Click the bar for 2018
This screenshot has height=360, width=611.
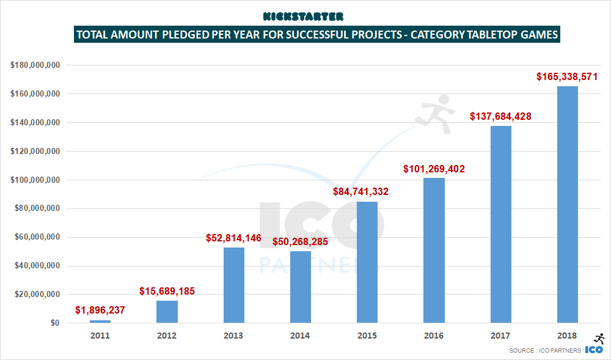click(x=567, y=205)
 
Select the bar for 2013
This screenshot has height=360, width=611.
click(x=233, y=285)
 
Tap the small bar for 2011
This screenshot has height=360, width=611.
click(x=100, y=321)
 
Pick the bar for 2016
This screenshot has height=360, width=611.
click(x=434, y=251)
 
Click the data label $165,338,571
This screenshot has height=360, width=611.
click(x=567, y=77)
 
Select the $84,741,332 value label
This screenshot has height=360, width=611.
click(x=360, y=192)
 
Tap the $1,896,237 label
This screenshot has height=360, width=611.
click(x=100, y=310)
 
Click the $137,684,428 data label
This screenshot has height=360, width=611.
click(x=500, y=116)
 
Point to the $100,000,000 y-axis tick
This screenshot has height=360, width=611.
click(x=34, y=180)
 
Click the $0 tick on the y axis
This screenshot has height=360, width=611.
click(x=54, y=323)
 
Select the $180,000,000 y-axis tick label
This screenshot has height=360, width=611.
click(x=34, y=65)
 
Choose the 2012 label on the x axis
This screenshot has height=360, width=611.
click(x=167, y=336)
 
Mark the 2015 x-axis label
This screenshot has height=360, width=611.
click(x=367, y=336)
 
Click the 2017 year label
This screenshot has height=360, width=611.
click(x=500, y=336)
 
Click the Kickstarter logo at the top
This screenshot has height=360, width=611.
click(x=303, y=16)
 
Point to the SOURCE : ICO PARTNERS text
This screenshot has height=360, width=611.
click(x=545, y=351)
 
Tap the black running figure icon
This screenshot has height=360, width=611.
click(x=599, y=339)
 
